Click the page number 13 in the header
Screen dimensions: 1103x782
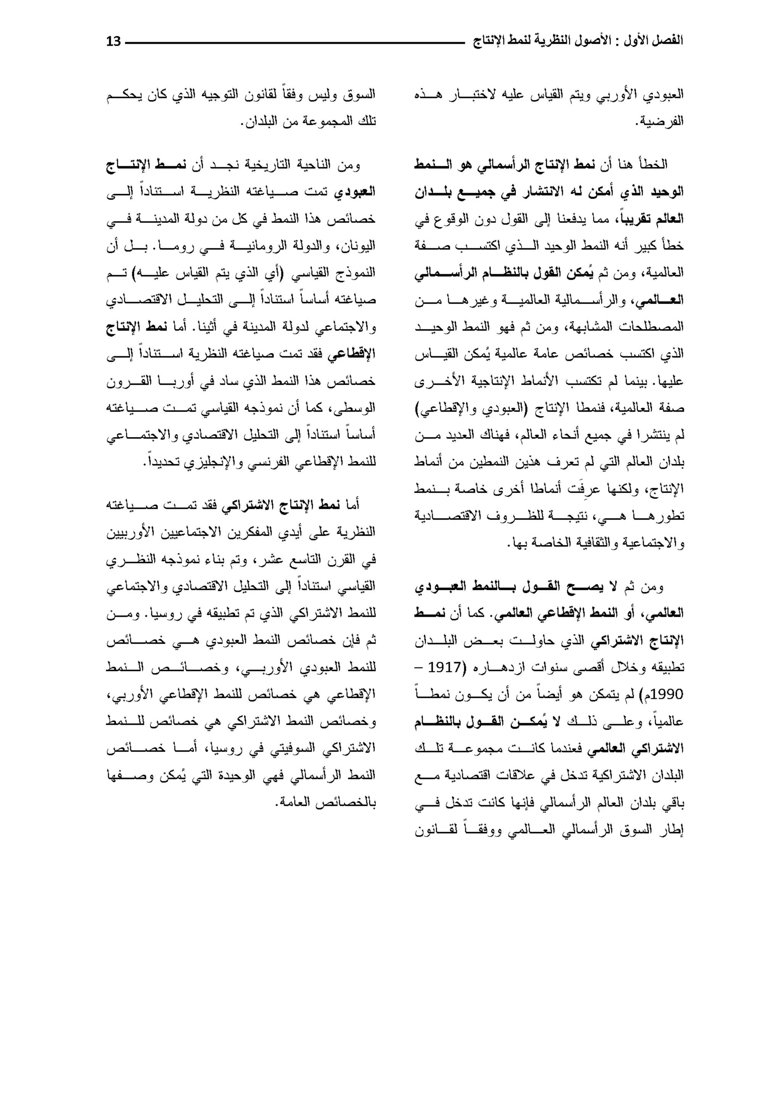(114, 41)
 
